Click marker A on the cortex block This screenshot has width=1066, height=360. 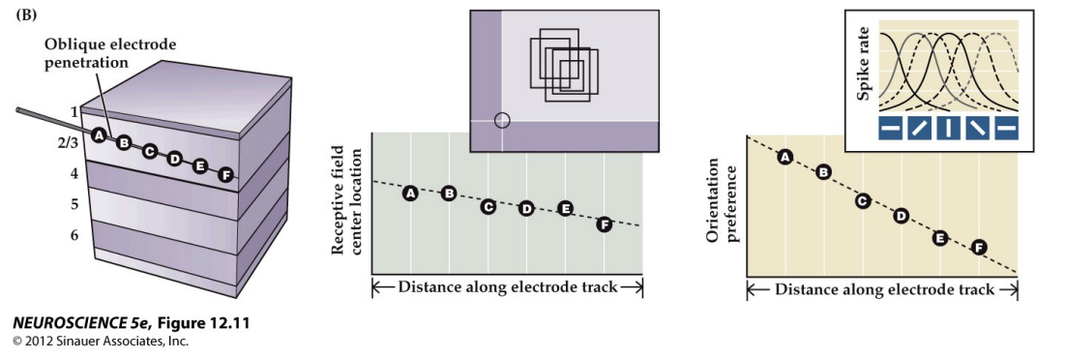coord(98,135)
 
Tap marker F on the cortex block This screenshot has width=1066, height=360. coord(225,175)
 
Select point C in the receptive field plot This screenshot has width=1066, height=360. coord(489,206)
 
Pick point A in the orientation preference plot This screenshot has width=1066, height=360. coord(785,157)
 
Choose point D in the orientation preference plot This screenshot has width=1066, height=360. coord(901,216)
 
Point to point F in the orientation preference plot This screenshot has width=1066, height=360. coord(978,247)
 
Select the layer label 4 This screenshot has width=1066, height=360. coord(74,173)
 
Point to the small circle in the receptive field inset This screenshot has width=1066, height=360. coord(501,120)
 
